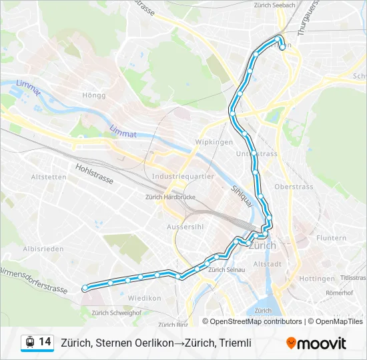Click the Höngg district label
coord(94,95)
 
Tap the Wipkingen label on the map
coord(214,143)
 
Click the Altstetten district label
coord(49,177)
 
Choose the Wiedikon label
coord(145,298)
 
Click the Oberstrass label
coord(294,187)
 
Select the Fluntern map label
coord(332,238)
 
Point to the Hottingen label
coord(317,279)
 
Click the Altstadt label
coord(268,264)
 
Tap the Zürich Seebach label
coord(274,5)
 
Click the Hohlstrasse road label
coord(94,175)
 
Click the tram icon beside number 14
coord(29,343)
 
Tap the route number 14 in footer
coord(45,342)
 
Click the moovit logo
coord(316,343)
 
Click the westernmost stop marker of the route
coord(85,288)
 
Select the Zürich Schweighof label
coord(116,312)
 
